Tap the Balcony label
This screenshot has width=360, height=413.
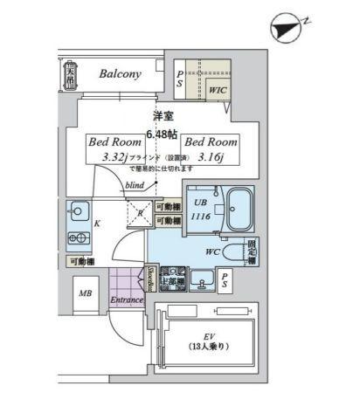coord(120,74)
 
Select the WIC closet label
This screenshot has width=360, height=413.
coord(217,89)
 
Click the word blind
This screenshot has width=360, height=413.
coord(135,185)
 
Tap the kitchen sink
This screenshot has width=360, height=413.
coord(77,211)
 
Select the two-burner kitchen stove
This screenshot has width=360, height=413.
coord(76,237)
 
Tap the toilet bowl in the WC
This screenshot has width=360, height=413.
coord(234,252)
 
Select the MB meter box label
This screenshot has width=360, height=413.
coord(86,293)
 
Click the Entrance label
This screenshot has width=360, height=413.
coord(126,301)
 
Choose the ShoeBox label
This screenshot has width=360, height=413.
coord(150,279)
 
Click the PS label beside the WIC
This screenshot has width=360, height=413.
coord(180,79)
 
